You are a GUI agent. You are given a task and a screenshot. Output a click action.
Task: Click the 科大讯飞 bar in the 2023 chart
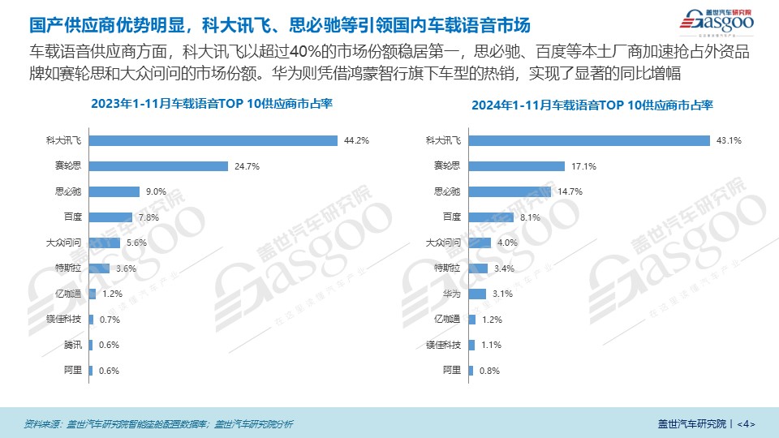coord(213,140)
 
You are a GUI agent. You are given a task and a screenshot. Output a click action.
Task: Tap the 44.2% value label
coord(356,140)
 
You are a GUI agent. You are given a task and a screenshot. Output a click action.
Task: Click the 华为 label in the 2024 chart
coord(452,294)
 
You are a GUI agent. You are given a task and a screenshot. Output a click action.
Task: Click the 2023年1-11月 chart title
coord(212,104)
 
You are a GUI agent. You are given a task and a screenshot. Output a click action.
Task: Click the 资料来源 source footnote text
coord(158,423)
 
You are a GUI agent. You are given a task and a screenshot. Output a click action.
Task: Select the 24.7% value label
coord(245,166)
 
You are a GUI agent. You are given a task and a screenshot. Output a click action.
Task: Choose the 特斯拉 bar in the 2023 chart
coord(99,268)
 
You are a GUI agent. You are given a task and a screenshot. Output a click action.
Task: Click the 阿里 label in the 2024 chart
coord(452,371)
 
